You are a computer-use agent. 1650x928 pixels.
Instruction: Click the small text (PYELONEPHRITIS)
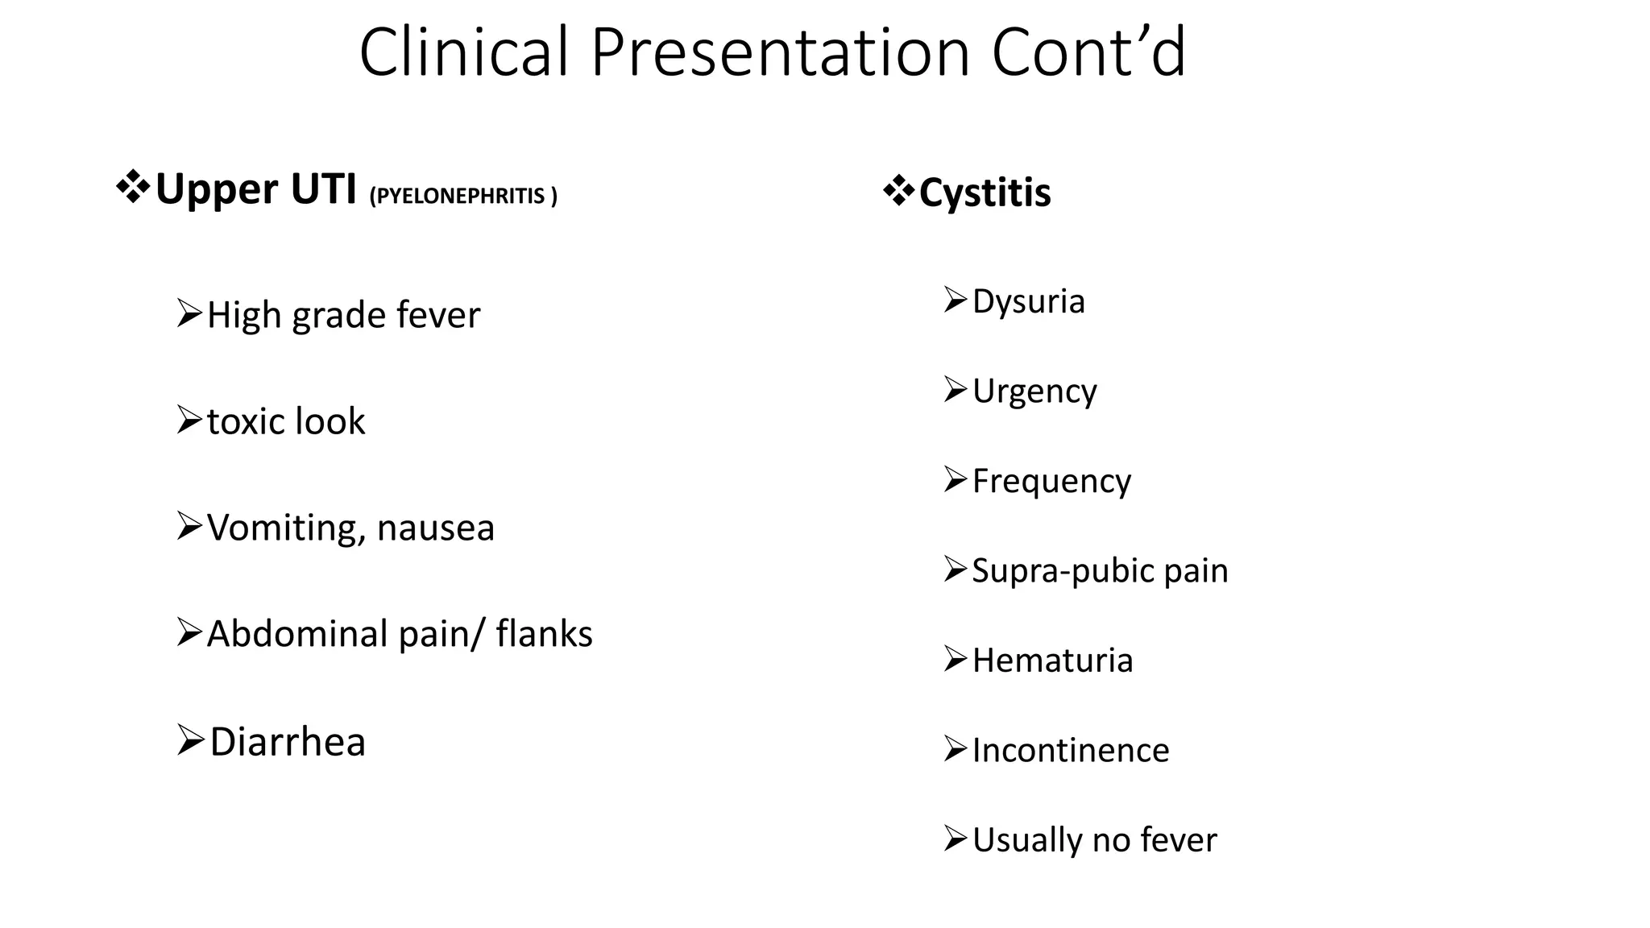coord(463,196)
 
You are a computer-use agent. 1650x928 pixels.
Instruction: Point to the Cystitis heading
coord(985,193)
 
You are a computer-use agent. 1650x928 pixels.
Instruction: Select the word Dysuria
coord(1028,301)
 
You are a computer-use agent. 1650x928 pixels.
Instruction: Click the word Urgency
coord(1034,391)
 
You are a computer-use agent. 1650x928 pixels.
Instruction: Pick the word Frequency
coord(1051,481)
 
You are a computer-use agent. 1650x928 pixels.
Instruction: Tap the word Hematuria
coord(1052,661)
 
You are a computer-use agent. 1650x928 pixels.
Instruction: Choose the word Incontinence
coord(1070,750)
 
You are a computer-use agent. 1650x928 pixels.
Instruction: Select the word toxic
coord(244,421)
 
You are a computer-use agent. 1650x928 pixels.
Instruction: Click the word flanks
coord(544,634)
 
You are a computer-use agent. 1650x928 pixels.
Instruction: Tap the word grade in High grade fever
coord(337,315)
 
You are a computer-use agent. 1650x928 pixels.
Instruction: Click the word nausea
coord(435,528)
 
